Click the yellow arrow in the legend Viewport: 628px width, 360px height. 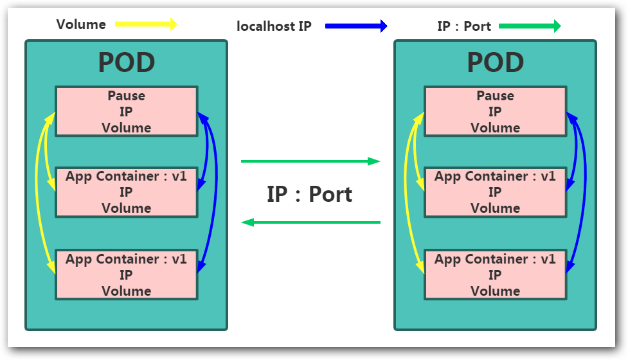[145, 25]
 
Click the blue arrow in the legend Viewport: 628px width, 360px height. [356, 26]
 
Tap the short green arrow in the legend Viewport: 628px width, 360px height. [530, 26]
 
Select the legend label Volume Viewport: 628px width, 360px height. [81, 25]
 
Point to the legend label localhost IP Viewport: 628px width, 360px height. [274, 26]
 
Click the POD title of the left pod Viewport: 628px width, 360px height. [127, 63]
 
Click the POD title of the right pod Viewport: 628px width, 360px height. [496, 63]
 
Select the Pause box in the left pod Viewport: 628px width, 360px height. [127, 111]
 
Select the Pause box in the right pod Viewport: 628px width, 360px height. [496, 111]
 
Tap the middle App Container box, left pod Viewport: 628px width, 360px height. [127, 192]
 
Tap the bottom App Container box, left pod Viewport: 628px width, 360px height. [127, 274]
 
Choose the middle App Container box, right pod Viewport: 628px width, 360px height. [496, 192]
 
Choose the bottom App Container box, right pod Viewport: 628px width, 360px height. [496, 274]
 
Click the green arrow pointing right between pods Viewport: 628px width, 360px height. [310, 161]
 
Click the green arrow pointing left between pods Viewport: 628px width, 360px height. [310, 222]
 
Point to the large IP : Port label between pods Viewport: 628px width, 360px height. [310, 194]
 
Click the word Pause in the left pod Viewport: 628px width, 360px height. [127, 96]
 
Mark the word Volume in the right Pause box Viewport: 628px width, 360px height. [496, 127]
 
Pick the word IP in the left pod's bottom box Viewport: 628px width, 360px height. [127, 274]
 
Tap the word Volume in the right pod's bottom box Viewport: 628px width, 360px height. [496, 291]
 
